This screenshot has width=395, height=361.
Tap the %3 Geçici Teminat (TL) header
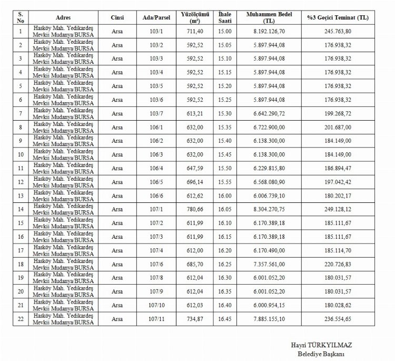tap(338, 17)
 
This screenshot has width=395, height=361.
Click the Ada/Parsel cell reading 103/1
tap(156, 31)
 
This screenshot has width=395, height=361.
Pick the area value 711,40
tap(196, 31)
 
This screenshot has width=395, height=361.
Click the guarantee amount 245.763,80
tap(338, 31)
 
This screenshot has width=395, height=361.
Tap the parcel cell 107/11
tap(156, 319)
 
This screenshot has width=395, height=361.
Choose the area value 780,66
tap(196, 209)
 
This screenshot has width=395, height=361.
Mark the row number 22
tap(21, 319)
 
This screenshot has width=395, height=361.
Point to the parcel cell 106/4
tap(156, 168)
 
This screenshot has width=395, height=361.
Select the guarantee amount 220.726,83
tap(338, 264)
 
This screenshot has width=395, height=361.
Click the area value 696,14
tap(196, 182)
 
